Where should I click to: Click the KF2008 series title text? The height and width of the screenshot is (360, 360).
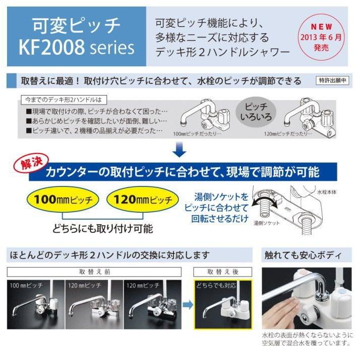pyautogui.click(x=76, y=47)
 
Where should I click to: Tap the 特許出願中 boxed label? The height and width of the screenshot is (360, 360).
pyautogui.click(x=333, y=80)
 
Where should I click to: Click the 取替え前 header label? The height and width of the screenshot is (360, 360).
pyautogui.click(x=96, y=271)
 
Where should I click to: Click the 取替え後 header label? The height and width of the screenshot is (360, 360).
pyautogui.click(x=223, y=271)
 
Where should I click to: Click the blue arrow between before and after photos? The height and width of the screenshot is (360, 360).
pyautogui.click(x=187, y=304)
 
